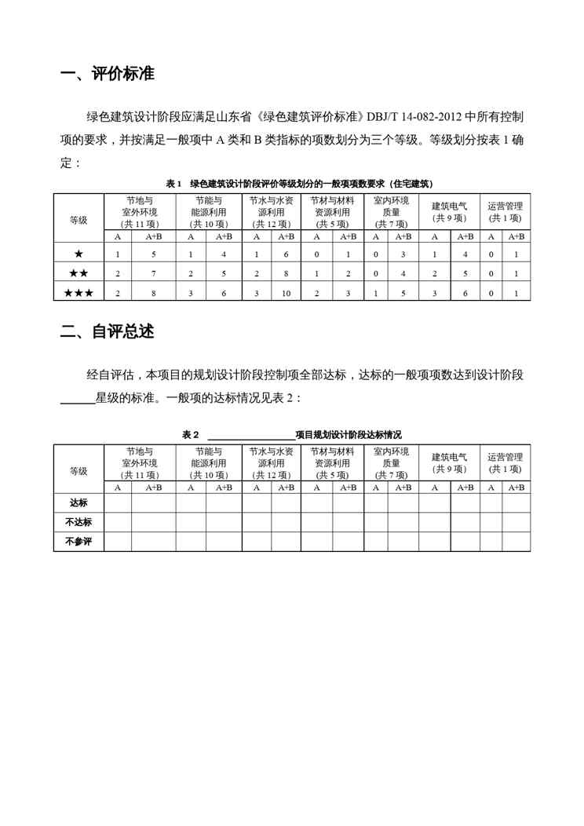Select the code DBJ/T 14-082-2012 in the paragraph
415,118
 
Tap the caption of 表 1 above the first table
300,184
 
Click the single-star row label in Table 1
78,254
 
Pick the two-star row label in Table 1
78,273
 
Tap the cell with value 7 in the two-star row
154,273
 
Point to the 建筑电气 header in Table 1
449,211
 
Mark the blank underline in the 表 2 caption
250,434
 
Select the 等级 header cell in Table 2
78,470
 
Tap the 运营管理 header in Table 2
505,462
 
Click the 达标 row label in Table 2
78,503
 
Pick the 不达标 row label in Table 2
78,521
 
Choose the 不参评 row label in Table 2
78,541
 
